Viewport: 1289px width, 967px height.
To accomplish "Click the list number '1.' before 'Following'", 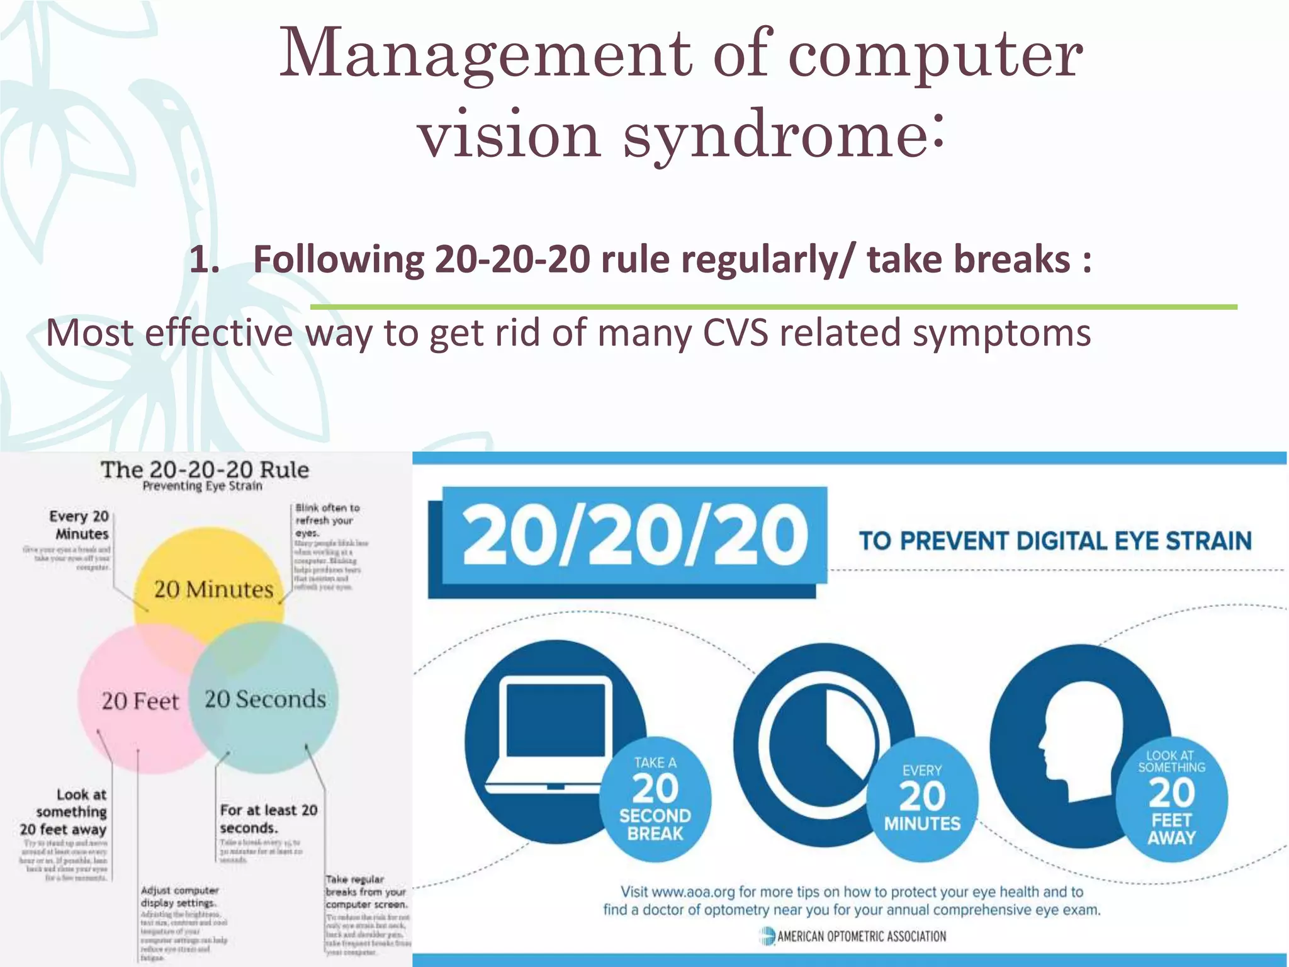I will point(205,259).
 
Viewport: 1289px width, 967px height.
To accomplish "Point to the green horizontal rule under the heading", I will point(773,307).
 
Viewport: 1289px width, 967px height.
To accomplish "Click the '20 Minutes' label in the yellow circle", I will point(214,589).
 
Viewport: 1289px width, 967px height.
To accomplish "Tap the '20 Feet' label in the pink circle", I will point(140,701).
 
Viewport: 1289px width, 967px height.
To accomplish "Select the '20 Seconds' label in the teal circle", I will point(265,699).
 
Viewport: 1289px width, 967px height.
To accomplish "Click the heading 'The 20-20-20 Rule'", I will point(205,470).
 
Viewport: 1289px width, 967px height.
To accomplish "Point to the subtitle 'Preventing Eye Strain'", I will point(202,486).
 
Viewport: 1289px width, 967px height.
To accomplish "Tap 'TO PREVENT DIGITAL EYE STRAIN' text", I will point(1055,541).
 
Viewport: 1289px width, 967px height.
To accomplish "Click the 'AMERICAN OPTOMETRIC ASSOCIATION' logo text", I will point(861,936).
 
